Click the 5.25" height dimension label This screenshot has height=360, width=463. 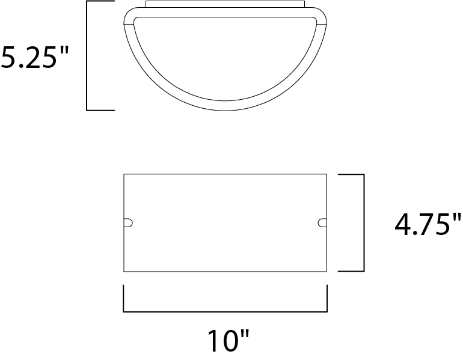click(34, 57)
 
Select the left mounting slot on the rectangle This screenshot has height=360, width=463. click(128, 223)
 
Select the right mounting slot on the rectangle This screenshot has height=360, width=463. click(322, 223)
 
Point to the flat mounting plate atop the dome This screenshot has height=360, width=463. click(225, 4)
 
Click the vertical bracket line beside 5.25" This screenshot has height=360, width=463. click(87, 56)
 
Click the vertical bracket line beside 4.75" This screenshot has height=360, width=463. click(364, 223)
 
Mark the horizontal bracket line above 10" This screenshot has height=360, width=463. click(225, 311)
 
